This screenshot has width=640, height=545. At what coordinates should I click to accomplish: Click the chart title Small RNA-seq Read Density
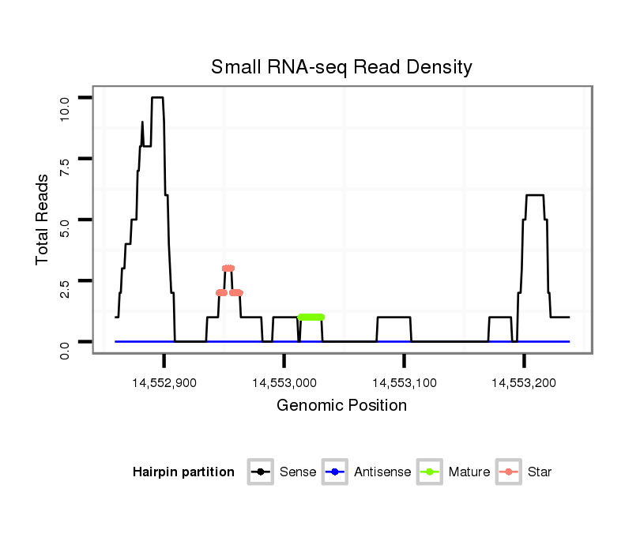[x=341, y=67]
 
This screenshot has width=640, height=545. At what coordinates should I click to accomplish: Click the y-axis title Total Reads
[x=43, y=220]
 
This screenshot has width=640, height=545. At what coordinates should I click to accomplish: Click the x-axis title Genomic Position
[x=341, y=406]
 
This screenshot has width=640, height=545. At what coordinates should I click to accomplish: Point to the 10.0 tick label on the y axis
[x=65, y=107]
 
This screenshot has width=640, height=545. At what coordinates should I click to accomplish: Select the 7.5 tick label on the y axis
[x=65, y=167]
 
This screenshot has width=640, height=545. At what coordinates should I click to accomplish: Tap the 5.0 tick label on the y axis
[x=65, y=228]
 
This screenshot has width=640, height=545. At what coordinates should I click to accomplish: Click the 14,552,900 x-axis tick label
[x=164, y=383]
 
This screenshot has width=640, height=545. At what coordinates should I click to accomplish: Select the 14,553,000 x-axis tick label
[x=284, y=383]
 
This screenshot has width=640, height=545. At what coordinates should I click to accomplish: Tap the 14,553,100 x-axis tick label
[x=405, y=383]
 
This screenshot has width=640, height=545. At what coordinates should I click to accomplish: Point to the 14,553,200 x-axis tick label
[x=525, y=383]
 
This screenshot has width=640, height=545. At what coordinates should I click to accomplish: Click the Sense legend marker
[x=260, y=472]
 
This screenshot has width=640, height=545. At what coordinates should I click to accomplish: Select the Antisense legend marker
[x=335, y=472]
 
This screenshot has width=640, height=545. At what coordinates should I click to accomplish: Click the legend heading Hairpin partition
[x=184, y=472]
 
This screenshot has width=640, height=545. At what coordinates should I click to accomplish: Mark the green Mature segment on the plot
[x=311, y=317]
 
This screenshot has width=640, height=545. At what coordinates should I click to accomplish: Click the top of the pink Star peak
[x=228, y=268]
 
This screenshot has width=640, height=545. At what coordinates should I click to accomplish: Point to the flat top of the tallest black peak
[x=157, y=97]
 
